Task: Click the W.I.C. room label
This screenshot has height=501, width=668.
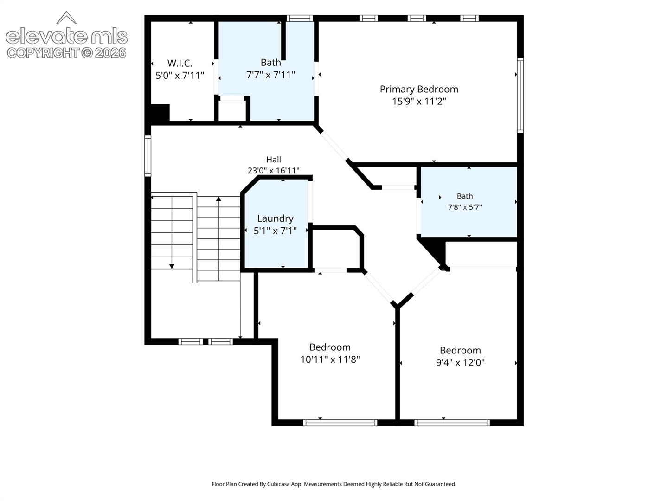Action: point(180,63)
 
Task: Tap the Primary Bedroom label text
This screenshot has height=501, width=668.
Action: point(419,89)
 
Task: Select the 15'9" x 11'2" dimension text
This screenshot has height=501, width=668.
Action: point(419,101)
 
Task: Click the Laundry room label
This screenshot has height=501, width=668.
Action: point(275,218)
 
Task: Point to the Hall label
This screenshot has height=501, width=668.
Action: point(273,160)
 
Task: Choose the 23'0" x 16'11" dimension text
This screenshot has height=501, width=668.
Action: point(273,170)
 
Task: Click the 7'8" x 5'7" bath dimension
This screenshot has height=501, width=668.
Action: point(465,207)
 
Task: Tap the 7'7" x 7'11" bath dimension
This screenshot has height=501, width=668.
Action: point(270,75)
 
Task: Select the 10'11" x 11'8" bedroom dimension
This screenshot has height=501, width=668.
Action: point(330,360)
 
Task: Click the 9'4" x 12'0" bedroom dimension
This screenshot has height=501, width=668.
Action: point(460,363)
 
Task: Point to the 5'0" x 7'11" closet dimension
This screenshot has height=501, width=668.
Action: point(180,76)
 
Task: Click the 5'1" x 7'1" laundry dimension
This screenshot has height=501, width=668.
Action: point(275,231)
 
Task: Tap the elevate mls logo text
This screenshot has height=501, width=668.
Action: point(67,36)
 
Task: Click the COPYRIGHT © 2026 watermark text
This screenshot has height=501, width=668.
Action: point(66,53)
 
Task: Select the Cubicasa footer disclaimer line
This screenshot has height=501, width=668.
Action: point(334,484)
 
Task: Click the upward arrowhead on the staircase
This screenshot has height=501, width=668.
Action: point(218,199)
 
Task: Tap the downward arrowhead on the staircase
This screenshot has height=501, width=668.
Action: point(172,266)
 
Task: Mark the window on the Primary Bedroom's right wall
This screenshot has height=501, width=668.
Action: point(520,95)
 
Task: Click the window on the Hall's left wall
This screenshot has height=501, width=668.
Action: point(148,156)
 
